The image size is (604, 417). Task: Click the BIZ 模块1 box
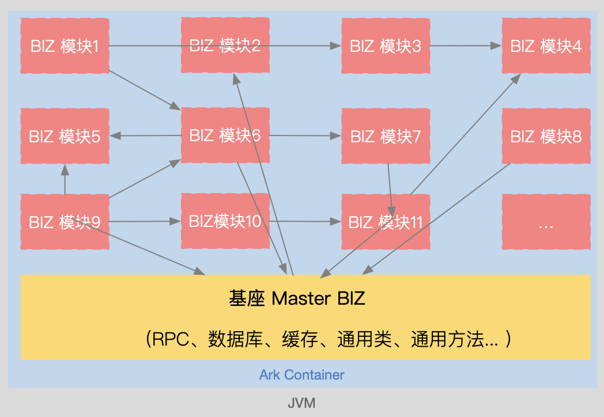tap(65, 46)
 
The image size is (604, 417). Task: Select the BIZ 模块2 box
tap(225, 46)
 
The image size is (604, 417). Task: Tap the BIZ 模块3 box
tap(386, 46)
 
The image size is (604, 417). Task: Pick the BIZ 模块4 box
tap(546, 46)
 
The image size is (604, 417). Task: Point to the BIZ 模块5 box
tap(65, 136)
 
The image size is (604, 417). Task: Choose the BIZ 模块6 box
tap(225, 136)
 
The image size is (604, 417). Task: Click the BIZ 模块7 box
tap(386, 136)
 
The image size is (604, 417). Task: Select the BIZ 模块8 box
tap(546, 136)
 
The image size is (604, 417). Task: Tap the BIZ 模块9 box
tap(65, 222)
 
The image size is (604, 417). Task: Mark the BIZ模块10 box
tap(225, 221)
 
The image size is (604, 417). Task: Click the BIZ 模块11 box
tap(386, 222)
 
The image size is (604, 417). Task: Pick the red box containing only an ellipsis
tap(546, 222)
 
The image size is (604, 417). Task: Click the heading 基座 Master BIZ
tap(297, 298)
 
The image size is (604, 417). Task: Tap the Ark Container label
tap(301, 375)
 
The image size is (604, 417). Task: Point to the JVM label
tap(301, 403)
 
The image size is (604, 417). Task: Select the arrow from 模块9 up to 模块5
tap(65, 179)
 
